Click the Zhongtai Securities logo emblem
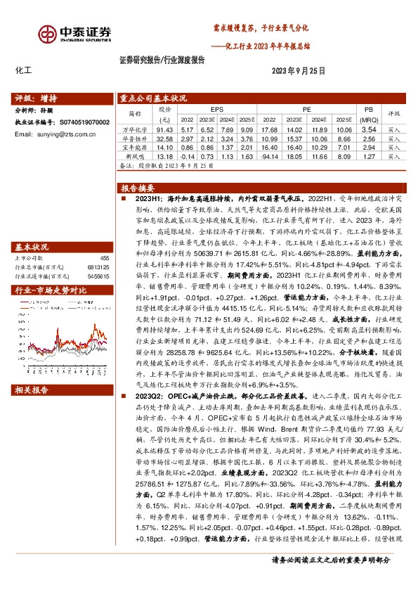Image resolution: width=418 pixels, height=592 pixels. coord(48,33)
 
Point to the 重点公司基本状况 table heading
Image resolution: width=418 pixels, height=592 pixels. coord(153,98)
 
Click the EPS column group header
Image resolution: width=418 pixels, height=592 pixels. coord(216,110)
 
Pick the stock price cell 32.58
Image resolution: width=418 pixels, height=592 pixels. coord(164,139)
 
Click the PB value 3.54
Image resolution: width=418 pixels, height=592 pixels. coord(368,130)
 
